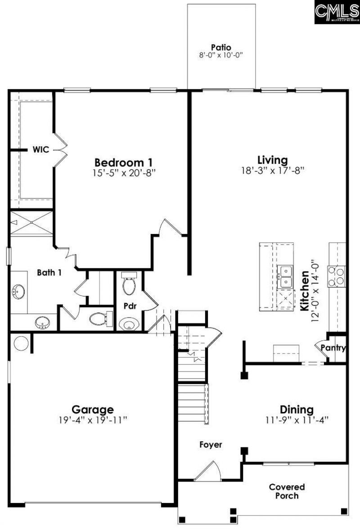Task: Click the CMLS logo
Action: [337, 12]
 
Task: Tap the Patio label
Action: [221, 47]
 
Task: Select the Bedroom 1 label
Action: [124, 162]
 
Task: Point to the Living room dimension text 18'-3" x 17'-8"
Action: [272, 170]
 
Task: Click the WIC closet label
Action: [40, 149]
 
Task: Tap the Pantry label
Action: [333, 348]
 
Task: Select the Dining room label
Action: [297, 410]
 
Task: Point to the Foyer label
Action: [211, 445]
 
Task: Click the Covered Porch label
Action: [287, 491]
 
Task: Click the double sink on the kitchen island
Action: [285, 277]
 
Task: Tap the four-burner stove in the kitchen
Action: [337, 276]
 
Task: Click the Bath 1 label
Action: [49, 272]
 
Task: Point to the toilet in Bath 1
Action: [99, 319]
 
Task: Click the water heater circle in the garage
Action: [21, 343]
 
